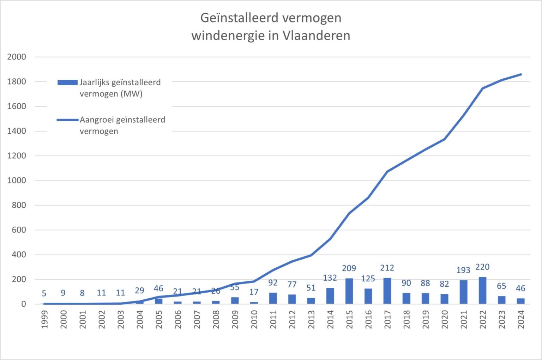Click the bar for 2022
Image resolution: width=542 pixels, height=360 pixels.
coord(482,291)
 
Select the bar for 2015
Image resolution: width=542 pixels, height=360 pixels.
coord(349,291)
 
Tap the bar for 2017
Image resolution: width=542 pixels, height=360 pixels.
coord(387,291)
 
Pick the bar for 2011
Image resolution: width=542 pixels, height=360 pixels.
coord(273,298)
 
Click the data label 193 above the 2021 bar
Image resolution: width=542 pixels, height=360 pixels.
coord(463,270)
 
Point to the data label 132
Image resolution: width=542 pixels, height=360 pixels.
coord(330,278)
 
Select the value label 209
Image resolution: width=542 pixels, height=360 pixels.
coord(349,268)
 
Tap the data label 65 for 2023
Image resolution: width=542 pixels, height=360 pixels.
coord(501,286)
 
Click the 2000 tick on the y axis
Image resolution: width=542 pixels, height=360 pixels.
coord(17,57)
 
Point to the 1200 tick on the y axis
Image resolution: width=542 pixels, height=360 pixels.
coord(17,156)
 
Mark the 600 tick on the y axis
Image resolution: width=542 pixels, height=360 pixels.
coord(19,230)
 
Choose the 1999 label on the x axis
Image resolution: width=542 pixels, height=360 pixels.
coord(44,319)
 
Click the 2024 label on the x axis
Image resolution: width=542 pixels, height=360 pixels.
coord(521,319)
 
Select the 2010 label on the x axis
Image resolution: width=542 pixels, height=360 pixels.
coord(254,319)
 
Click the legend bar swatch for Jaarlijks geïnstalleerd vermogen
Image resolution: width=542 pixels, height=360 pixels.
coord(67,83)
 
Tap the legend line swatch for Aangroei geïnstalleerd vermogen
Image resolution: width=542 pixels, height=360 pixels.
coord(67,120)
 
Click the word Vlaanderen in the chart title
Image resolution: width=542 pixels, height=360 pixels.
coord(316,36)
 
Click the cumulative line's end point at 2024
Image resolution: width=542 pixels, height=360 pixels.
coord(521,74)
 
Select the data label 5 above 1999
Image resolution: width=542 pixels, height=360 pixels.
coord(44,293)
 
